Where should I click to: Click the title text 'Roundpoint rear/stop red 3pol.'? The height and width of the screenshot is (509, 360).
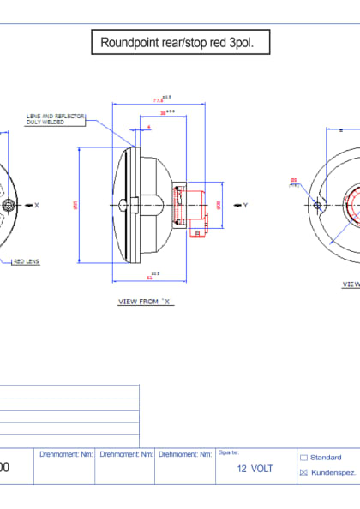coord(184,42)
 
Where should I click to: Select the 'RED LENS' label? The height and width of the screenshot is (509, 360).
coord(27,262)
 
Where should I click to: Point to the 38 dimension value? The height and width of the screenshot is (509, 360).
coord(162,113)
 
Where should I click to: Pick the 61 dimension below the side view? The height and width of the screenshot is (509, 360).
coord(151,278)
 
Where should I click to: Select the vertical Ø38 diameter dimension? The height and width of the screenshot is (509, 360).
coord(219,205)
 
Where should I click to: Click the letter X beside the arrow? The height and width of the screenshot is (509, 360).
coord(37,206)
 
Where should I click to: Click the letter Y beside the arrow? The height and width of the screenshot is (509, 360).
coord(245,206)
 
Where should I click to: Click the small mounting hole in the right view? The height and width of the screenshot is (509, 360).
coord(317,205)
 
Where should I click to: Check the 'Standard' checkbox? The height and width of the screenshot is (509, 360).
coord(303,458)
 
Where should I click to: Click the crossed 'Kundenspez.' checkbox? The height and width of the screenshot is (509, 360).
coord(303,472)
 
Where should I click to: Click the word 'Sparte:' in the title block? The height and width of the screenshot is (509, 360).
coord(229,452)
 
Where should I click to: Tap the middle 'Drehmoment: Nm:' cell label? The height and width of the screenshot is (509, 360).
coord(125,453)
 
